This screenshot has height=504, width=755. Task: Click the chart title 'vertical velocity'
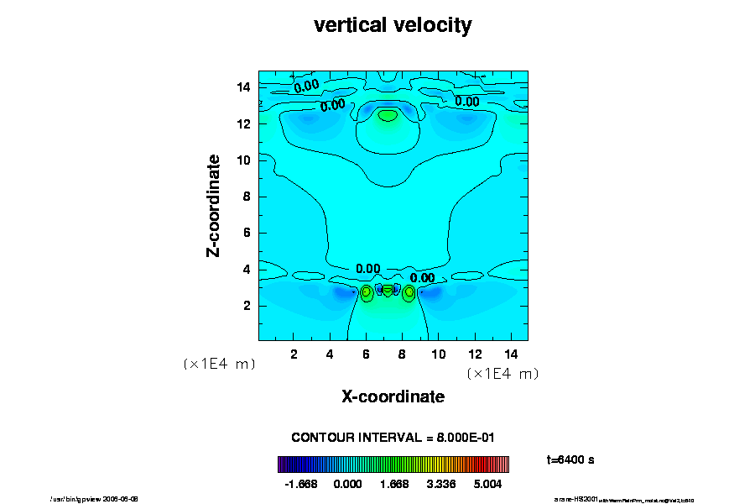(x=393, y=25)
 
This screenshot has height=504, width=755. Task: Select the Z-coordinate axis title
(x=214, y=205)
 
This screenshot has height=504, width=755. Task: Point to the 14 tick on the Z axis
(x=245, y=87)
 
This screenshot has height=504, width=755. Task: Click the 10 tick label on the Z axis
(x=245, y=160)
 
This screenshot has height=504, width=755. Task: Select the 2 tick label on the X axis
(x=294, y=354)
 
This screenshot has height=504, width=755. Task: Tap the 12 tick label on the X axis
(x=474, y=354)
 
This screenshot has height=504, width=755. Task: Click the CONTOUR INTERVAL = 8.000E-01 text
(x=393, y=438)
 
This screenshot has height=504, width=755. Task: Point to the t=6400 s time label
(x=570, y=459)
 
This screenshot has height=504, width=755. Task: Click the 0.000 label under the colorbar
(x=347, y=484)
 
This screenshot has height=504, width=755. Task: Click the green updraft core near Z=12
(x=387, y=115)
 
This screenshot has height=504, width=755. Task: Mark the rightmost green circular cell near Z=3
(x=409, y=293)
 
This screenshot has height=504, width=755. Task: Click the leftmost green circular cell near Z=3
(x=366, y=293)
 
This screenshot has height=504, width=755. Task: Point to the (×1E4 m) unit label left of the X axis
(x=219, y=365)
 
